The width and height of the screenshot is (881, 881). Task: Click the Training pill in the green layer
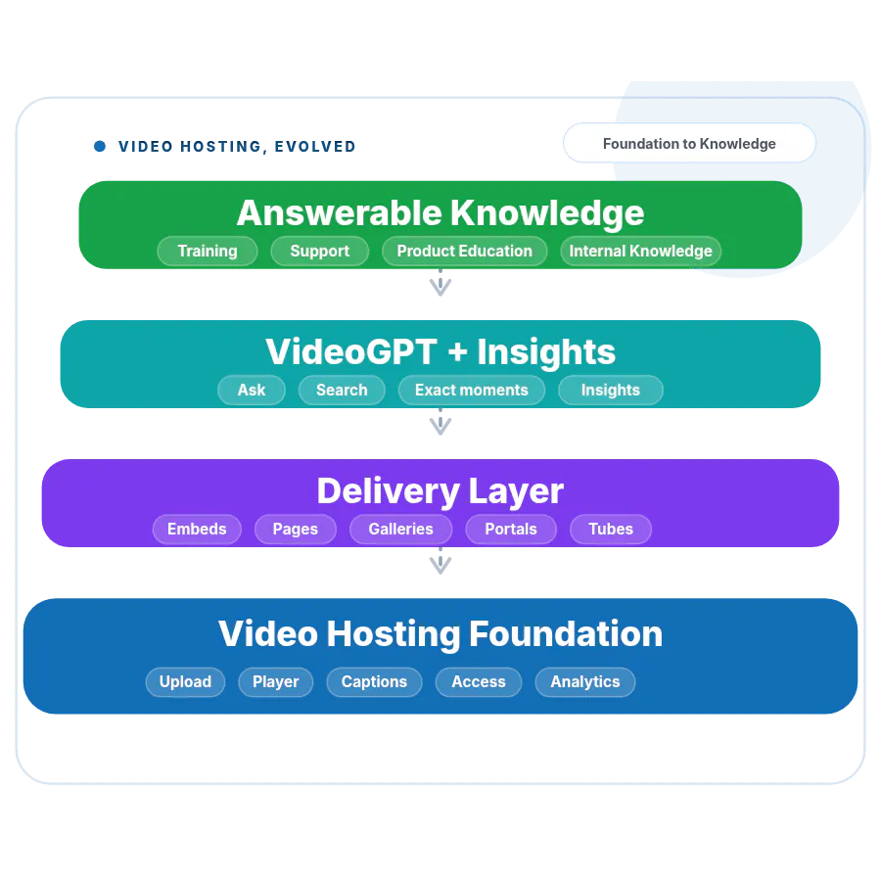208,251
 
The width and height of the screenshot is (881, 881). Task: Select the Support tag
320,251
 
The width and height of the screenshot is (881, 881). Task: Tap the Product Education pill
465,251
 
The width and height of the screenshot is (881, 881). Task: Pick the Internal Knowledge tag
640,251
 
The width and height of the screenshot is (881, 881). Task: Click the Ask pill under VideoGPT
252,390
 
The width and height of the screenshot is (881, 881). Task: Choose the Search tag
342,390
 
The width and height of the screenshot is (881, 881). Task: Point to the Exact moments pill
472,390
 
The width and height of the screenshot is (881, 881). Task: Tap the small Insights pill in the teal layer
611,390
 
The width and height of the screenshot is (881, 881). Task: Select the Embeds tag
197,530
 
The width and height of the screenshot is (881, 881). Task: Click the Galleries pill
400,530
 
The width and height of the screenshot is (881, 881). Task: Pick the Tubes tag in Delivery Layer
611,530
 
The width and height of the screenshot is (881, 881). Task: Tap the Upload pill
185,682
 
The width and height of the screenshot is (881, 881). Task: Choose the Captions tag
374,682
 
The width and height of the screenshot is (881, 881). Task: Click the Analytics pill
585,682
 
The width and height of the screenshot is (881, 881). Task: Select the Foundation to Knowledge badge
689,143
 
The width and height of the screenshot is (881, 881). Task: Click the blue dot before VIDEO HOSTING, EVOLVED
100,146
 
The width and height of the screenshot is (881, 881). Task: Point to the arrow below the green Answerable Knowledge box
440,283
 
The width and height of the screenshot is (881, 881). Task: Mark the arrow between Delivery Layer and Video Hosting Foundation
440,561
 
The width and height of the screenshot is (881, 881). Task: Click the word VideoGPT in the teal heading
351,351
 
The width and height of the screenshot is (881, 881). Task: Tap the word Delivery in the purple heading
389,491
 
